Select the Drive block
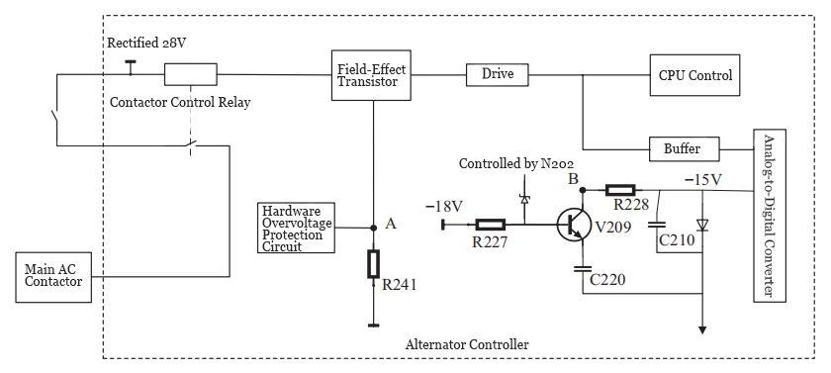tap(498, 74)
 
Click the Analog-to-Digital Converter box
tap(767, 217)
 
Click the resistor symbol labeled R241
tap(373, 264)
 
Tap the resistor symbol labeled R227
tap(492, 225)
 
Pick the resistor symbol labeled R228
tap(620, 188)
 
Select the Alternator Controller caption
tap(468, 343)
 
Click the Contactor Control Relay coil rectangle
tap(190, 74)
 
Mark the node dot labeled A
tap(373, 228)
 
